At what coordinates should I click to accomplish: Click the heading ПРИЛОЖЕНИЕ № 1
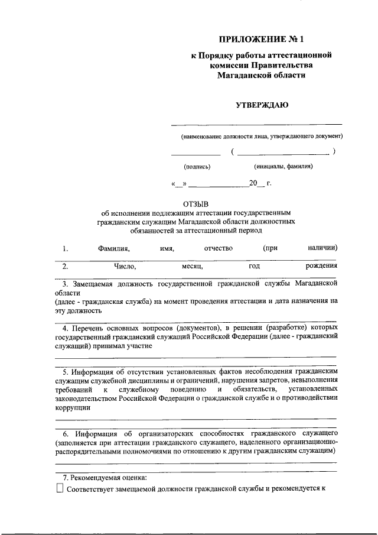tap(256, 40)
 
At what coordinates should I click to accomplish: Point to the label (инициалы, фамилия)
tap(283, 167)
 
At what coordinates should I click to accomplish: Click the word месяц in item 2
tap(193, 267)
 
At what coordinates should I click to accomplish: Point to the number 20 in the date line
tap(253, 184)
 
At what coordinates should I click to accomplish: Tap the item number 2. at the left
tap(66, 267)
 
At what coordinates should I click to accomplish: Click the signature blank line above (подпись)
tap(195, 154)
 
